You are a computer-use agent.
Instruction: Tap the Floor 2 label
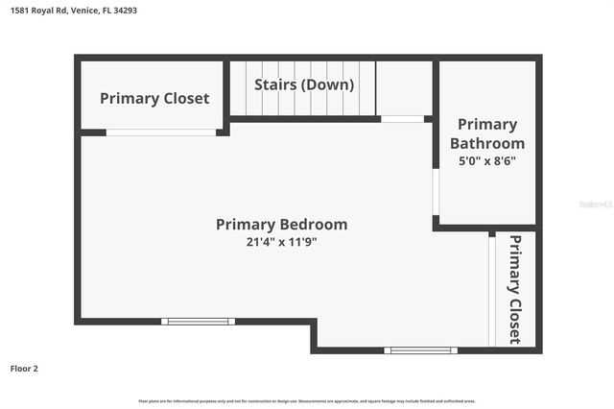click(x=24, y=368)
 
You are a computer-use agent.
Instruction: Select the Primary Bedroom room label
click(x=281, y=225)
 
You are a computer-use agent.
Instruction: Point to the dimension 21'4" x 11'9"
click(x=281, y=243)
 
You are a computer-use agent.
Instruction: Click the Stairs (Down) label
click(x=304, y=84)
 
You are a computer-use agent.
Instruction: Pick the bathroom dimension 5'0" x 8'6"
click(x=487, y=161)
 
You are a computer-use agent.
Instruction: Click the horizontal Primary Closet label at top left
click(x=154, y=98)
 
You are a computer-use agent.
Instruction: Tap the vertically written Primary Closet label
click(x=515, y=289)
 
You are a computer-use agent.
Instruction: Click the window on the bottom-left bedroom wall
click(x=197, y=322)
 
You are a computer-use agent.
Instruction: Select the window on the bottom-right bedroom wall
click(x=420, y=350)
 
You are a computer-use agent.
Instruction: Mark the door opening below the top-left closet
click(x=160, y=132)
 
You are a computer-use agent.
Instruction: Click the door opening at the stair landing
click(x=402, y=119)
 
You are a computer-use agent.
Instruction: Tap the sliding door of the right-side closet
click(x=491, y=291)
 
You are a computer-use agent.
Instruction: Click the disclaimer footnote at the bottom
click(x=307, y=400)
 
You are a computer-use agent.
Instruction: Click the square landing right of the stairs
click(x=403, y=88)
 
